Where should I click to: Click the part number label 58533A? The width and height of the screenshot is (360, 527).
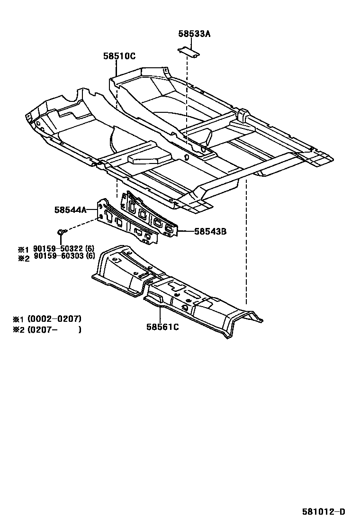pos(194,34)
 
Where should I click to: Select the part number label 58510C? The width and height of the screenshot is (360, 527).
pos(119,56)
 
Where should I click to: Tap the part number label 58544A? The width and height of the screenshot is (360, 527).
pos(70,209)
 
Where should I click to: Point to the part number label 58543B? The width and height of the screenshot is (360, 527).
pos(210,232)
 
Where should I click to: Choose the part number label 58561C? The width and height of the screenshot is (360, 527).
pos(162,327)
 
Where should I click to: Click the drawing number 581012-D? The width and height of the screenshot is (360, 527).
pos(324,512)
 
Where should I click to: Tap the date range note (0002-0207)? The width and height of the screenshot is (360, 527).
pos(54,318)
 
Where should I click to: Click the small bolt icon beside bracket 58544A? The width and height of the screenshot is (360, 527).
pos(61,231)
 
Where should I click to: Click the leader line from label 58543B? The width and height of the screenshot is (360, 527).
pos(186,232)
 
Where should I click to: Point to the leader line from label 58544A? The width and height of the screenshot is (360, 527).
pos(92,209)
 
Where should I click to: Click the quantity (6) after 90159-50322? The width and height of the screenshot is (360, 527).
pos(90,249)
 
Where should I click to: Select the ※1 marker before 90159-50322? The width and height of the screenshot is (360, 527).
pos(24,249)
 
